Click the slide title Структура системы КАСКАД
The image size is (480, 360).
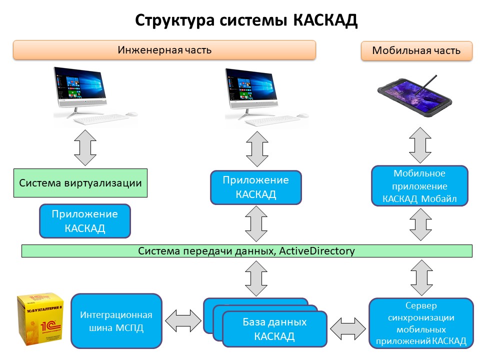tap(247, 20)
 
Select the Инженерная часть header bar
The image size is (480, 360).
tap(164, 50)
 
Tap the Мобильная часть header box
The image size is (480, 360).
tap(416, 51)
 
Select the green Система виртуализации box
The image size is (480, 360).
tap(80, 182)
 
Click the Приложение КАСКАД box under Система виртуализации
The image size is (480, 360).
tap(85, 220)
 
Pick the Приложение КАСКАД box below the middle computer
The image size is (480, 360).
tap(256, 187)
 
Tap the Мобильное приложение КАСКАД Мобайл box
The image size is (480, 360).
tap(419, 186)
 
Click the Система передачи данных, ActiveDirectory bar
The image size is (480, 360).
tap(247, 250)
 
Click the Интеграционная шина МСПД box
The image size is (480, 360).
tap(116, 320)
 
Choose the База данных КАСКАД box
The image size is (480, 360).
tap(274, 328)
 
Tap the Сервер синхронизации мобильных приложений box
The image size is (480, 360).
tap(421, 323)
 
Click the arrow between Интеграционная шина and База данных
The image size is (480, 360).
tap(183, 320)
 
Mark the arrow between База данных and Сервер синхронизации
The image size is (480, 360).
tap(348, 328)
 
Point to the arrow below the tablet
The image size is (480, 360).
tap(420, 145)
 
